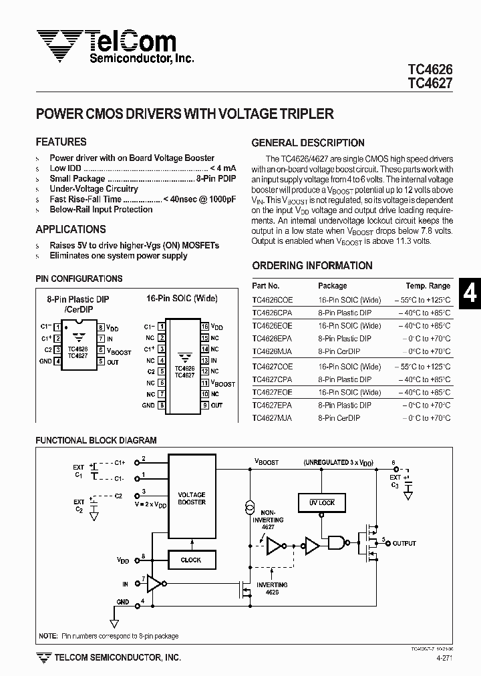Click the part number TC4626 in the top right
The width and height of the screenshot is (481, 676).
coord(430,69)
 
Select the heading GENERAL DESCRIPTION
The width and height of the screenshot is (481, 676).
coord(308,143)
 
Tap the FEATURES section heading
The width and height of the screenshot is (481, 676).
coord(61,142)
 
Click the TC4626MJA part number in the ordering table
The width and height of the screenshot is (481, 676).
coord(273,351)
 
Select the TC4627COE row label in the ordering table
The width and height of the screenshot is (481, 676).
coord(273,367)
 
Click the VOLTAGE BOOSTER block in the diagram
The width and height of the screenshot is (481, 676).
coord(192,498)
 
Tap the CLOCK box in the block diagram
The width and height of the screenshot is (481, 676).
coord(191,560)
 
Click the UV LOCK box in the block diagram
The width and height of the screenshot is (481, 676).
coord(322,502)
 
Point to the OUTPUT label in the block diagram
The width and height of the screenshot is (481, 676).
coord(404,543)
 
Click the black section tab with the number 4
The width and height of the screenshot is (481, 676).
coord(470,293)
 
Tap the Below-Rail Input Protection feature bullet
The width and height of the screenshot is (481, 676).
coord(101,209)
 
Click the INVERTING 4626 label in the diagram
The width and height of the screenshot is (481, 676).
coord(271,588)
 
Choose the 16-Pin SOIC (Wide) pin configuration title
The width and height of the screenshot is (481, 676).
coord(182,299)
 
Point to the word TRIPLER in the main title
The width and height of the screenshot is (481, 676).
coord(305,114)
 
